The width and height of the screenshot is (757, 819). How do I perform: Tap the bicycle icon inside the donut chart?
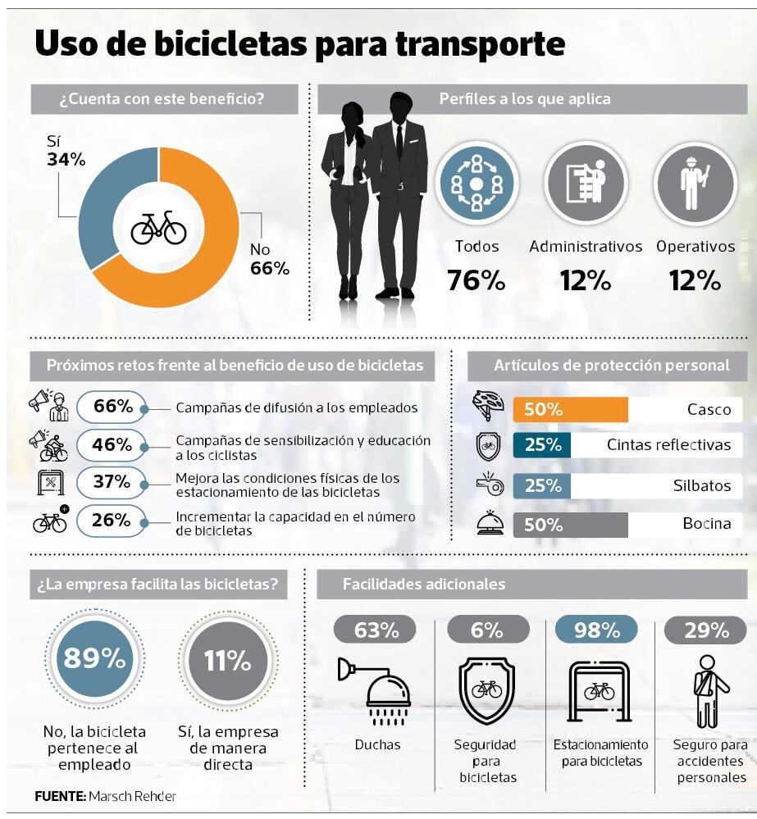[159, 227]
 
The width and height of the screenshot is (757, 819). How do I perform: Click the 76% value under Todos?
[476, 280]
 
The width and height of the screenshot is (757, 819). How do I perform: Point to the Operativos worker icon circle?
[694, 184]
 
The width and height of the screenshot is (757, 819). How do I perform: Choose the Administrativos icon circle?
[586, 184]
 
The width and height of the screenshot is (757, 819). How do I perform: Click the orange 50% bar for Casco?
[570, 409]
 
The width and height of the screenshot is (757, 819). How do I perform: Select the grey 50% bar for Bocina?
[570, 525]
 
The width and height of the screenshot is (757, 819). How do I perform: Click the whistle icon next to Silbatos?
[487, 485]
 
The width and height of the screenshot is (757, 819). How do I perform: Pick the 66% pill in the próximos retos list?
[112, 407]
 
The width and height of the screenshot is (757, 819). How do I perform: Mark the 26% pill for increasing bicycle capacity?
[112, 520]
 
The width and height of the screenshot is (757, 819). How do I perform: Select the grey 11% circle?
[227, 660]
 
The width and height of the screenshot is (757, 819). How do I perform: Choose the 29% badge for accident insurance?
[706, 630]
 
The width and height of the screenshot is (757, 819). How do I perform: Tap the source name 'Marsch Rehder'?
[132, 795]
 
